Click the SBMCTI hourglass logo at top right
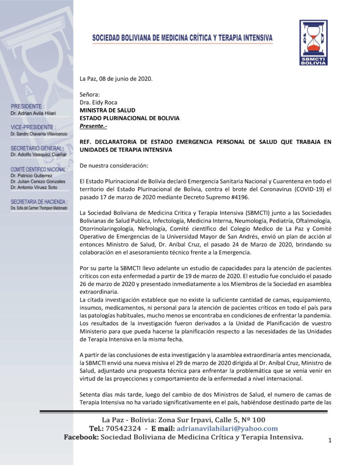click(313, 42)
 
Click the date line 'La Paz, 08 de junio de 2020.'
click(116, 79)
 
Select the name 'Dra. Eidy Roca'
click(99, 103)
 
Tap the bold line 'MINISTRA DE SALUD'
click(107, 110)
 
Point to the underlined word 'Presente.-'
click(94, 126)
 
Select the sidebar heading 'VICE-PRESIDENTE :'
click(33, 128)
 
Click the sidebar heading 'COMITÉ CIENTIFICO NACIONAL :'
click(39, 169)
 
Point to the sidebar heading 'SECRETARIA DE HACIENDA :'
click(39, 202)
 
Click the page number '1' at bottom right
click(330, 440)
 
